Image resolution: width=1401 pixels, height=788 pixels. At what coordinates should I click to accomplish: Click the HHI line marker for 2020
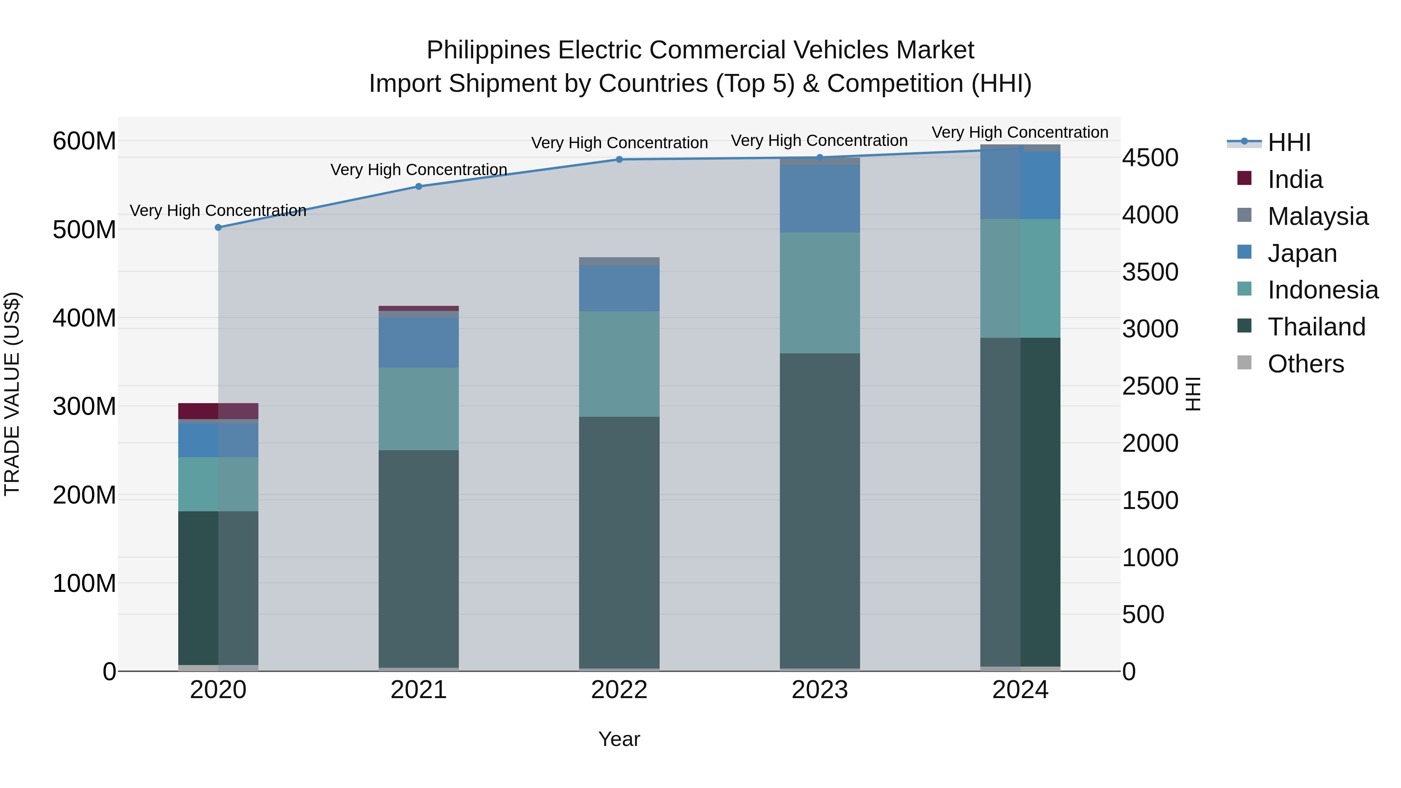click(218, 227)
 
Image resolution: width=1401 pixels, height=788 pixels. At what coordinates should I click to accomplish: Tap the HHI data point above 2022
click(619, 159)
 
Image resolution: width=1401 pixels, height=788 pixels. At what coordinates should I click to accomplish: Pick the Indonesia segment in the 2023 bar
click(820, 293)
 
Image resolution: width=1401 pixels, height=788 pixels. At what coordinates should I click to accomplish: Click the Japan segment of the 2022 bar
click(619, 288)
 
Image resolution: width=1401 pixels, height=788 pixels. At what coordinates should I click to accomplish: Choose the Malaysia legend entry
click(1317, 216)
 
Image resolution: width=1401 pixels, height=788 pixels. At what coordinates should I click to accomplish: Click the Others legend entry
click(1305, 364)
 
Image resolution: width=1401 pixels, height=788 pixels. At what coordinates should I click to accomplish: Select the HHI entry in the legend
click(1289, 142)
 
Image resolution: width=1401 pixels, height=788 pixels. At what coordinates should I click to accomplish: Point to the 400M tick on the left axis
click(84, 318)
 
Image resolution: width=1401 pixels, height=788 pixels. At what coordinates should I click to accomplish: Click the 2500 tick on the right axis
click(1150, 386)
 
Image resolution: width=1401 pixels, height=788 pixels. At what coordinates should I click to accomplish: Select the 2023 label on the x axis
click(820, 690)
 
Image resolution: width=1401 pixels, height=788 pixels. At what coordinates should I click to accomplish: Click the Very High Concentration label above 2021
click(418, 170)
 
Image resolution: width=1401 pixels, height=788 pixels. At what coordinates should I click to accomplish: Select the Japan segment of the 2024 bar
click(1020, 185)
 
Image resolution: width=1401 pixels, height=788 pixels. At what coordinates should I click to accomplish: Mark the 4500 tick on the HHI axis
click(1150, 158)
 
